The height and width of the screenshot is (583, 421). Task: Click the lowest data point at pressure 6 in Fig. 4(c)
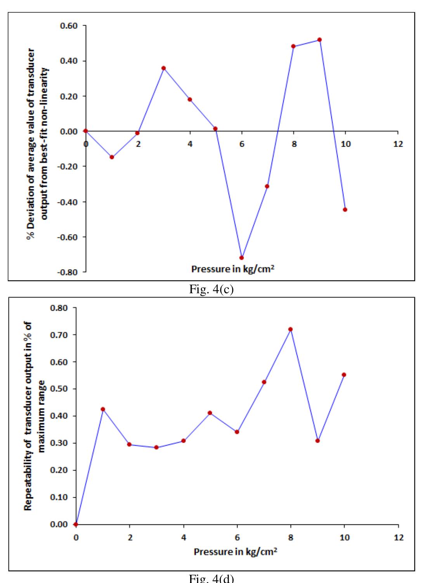241,258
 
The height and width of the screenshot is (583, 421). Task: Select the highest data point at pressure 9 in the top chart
319,40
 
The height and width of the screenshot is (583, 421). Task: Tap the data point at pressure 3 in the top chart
164,68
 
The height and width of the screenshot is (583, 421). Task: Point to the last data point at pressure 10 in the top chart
345,209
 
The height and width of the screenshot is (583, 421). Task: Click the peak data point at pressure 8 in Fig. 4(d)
290,329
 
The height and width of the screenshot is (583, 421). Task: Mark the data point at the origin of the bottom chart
76,524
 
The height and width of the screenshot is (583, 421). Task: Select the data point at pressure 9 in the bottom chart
317,441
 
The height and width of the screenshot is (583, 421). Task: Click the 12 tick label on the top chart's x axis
398,144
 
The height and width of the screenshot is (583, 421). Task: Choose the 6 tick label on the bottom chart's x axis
237,538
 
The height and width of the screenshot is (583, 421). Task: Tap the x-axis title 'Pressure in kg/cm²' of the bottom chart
236,552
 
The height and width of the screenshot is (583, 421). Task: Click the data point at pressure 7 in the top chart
267,186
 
